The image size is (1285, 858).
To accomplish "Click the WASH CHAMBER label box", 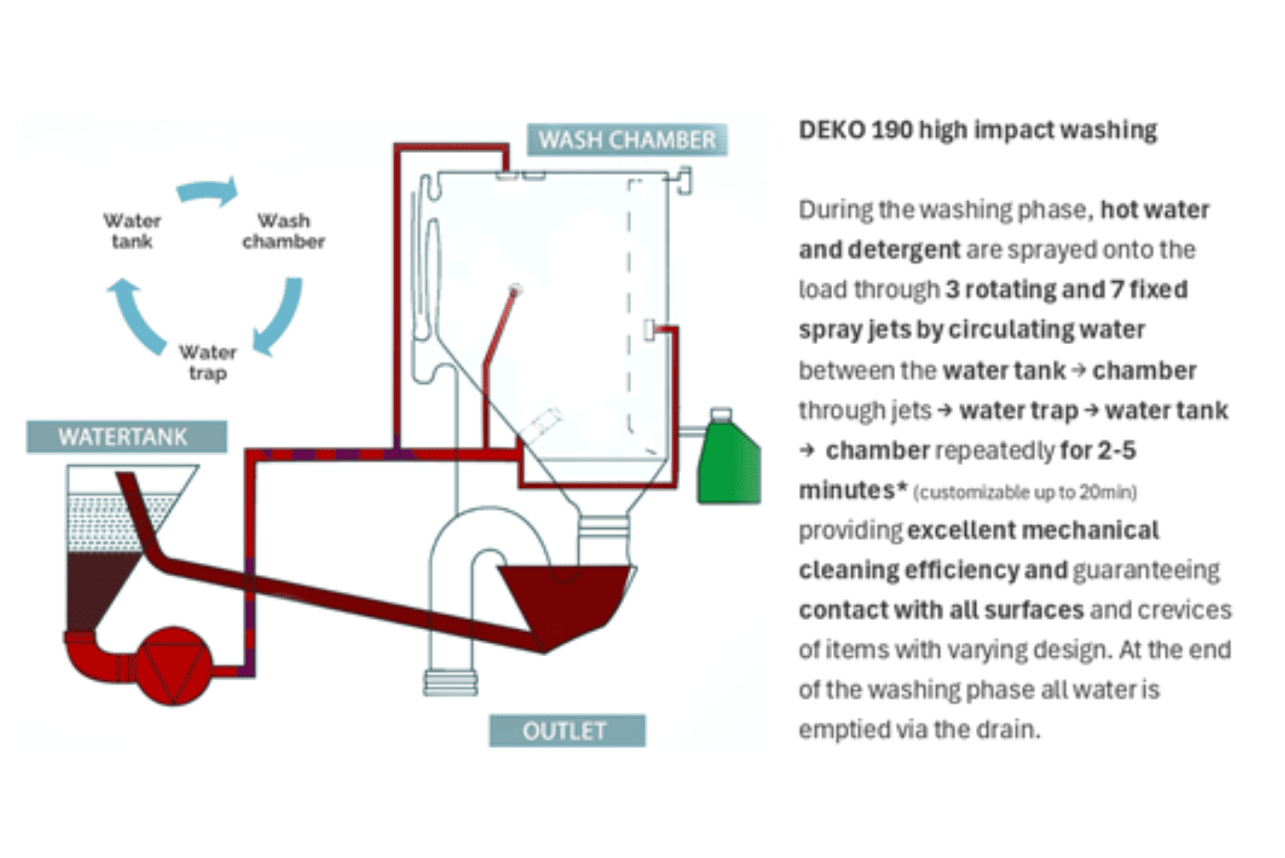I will point(626,140).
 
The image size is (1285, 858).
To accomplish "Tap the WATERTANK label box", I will point(126,437).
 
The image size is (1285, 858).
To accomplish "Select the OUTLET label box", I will point(567,731).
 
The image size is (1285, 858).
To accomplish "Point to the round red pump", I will point(174,665).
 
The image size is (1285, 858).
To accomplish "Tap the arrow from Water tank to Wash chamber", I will point(209,191).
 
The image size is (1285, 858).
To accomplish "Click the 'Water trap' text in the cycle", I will point(208,362).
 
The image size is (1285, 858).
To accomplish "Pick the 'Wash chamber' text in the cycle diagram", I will point(284,231).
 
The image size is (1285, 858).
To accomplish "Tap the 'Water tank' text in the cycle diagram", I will point(132,231).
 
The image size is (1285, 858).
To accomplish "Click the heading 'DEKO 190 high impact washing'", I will point(977,130).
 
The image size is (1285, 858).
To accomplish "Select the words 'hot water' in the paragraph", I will point(1154,210).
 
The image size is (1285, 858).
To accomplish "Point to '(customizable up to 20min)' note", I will point(1025,492).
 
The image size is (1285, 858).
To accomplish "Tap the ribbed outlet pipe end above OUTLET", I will point(451,682).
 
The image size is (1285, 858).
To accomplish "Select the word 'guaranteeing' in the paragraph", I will point(1146,570).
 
